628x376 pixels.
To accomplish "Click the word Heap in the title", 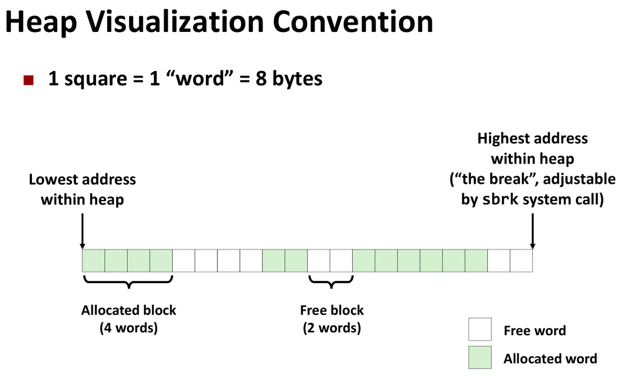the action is click(x=41, y=23).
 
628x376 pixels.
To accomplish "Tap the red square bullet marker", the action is click(x=28, y=80).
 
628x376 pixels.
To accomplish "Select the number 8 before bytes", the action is click(x=261, y=79).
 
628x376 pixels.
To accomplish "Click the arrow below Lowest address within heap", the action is click(x=82, y=231).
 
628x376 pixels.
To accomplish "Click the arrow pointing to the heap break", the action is click(x=533, y=231).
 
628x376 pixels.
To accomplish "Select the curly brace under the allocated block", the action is click(x=129, y=282).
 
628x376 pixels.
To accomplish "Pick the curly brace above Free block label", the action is click(x=331, y=282).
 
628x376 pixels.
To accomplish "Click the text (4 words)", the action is click(x=129, y=328).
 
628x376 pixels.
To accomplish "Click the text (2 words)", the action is click(x=332, y=328).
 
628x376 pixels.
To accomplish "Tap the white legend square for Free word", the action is click(x=480, y=329).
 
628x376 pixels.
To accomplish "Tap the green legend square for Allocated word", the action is click(x=480, y=357).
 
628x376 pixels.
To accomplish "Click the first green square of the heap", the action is click(x=94, y=261).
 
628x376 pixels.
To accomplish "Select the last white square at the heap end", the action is click(x=522, y=261).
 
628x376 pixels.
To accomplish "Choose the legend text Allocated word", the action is click(x=550, y=359).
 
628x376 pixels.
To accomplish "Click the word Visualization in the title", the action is click(x=175, y=22).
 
